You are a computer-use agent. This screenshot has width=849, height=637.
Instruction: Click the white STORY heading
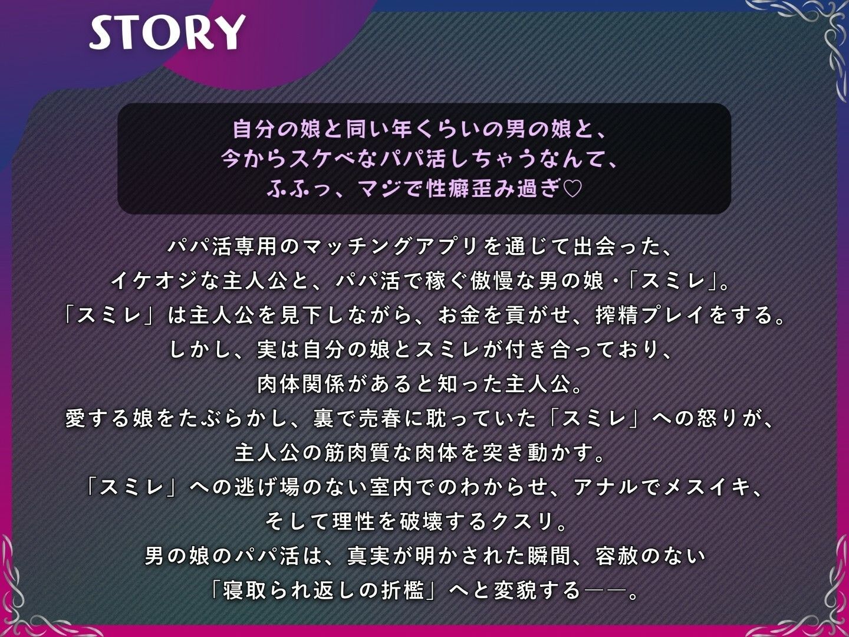tap(167, 32)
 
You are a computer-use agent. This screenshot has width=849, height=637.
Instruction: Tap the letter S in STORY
tap(103, 33)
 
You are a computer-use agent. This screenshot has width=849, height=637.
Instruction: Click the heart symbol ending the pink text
tap(572, 189)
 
